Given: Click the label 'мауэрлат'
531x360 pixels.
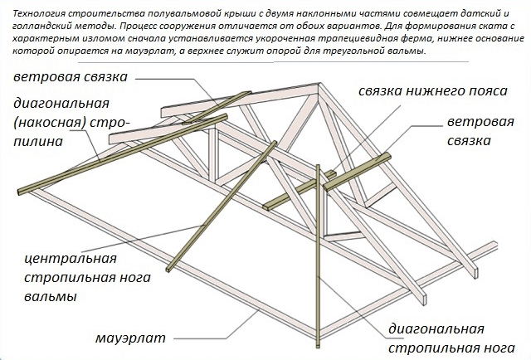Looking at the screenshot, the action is click(x=130, y=338).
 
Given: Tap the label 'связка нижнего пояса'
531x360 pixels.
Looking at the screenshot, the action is click(x=433, y=90).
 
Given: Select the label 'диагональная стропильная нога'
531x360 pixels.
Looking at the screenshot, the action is click(x=451, y=338).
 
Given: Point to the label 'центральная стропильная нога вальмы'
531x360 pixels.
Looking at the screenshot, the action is click(x=87, y=277).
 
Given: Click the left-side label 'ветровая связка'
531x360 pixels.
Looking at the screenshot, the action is click(x=71, y=76).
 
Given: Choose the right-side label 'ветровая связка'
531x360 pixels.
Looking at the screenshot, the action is click(x=480, y=131).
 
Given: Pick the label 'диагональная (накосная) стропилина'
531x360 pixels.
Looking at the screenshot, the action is click(x=71, y=122).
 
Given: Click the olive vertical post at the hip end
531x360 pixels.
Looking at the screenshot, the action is click(x=318, y=256).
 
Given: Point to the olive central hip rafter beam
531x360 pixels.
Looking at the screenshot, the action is click(x=222, y=207).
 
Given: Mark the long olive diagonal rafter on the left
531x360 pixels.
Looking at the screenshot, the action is click(x=122, y=154).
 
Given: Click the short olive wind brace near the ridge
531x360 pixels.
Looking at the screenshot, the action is click(x=217, y=107).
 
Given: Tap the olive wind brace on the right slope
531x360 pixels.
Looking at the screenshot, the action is click(x=358, y=172).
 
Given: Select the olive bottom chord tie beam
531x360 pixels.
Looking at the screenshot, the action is click(x=299, y=191).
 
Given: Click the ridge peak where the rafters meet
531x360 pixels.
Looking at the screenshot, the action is click(x=319, y=84).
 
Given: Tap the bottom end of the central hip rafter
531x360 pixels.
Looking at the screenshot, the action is click(x=168, y=270).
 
